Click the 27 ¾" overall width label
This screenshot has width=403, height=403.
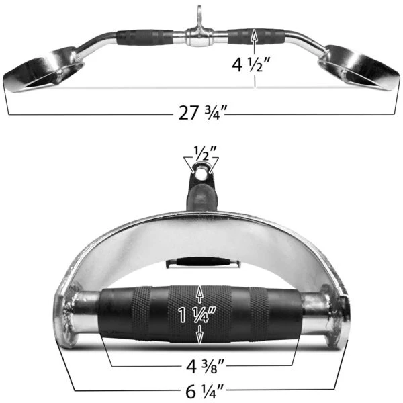204,113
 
